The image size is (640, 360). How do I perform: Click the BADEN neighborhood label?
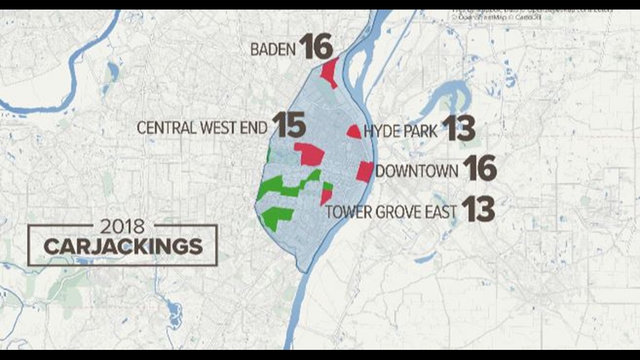click(x=273, y=49)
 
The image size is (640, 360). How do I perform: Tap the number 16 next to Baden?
click(x=316, y=47)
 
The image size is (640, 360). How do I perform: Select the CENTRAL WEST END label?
click(x=202, y=128)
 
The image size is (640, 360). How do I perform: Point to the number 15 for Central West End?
click(x=289, y=125)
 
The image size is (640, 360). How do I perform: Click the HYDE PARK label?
click(x=400, y=131)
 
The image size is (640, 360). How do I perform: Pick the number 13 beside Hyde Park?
click(x=458, y=129)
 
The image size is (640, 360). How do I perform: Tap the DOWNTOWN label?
click(x=417, y=171)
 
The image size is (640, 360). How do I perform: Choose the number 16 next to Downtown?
click(x=479, y=168)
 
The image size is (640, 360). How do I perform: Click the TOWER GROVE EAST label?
click(x=391, y=212)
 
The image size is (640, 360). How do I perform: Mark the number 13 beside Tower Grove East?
click(x=478, y=209)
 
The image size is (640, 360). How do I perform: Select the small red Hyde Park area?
click(x=354, y=132)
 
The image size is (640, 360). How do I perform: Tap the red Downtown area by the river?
click(x=364, y=171)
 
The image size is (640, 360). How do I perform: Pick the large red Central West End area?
click(x=310, y=154)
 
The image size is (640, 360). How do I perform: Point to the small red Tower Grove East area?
click(x=326, y=197)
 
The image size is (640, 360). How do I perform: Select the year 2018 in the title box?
click(x=122, y=227)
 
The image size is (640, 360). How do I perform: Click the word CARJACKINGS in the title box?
click(x=123, y=247)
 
